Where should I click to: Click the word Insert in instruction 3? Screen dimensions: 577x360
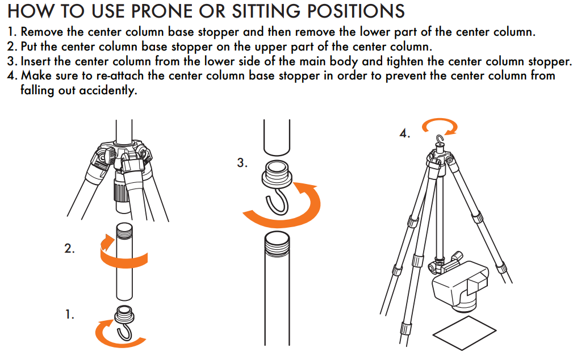(x=36, y=61)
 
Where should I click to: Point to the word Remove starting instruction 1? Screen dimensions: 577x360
(x=42, y=32)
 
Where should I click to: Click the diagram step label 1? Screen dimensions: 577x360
(x=69, y=315)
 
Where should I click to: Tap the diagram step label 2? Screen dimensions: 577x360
(x=69, y=249)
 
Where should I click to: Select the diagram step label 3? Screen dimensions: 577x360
(x=242, y=162)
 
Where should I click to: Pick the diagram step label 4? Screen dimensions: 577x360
(x=405, y=133)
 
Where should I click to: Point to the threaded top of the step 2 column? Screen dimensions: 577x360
(x=124, y=230)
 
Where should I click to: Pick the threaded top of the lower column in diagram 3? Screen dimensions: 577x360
(x=277, y=242)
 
